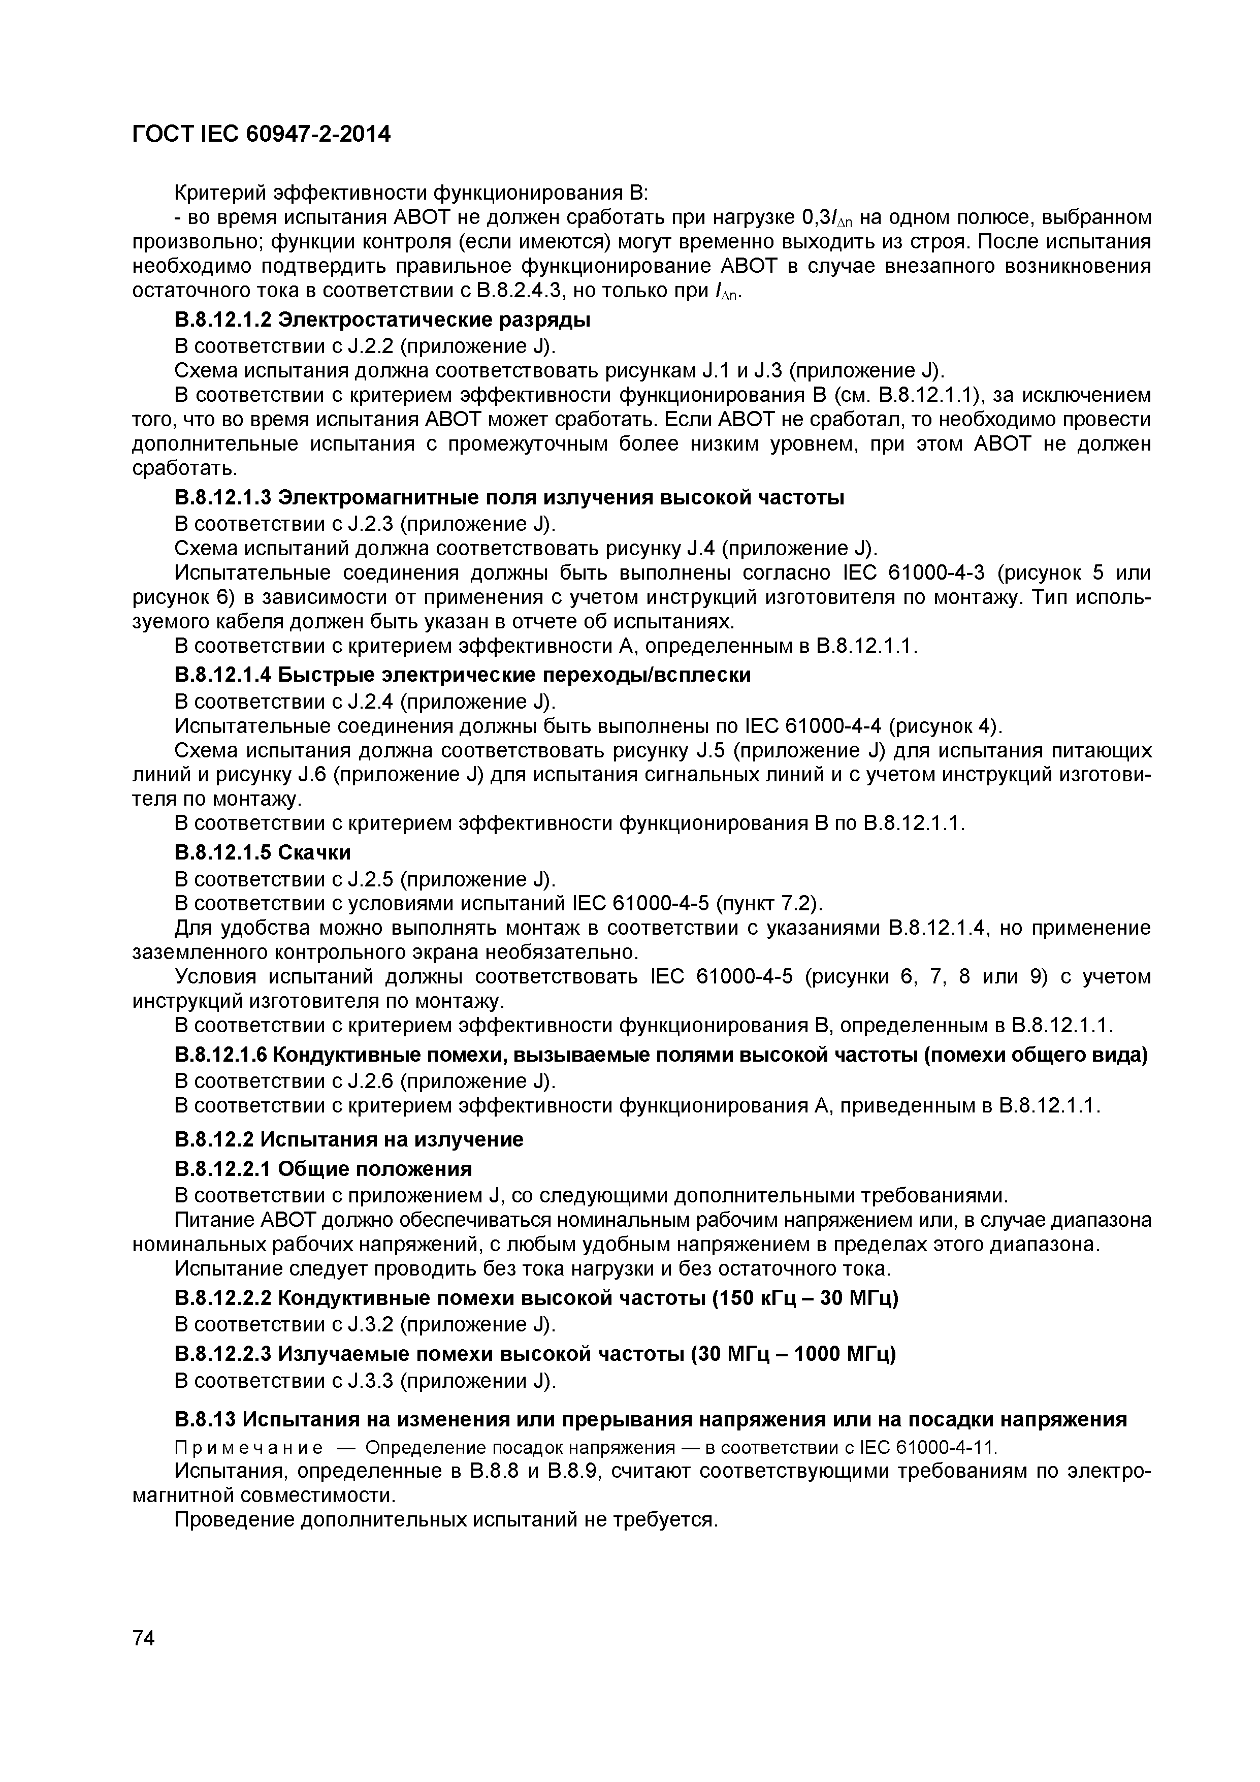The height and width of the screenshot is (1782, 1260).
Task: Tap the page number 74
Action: (x=144, y=1638)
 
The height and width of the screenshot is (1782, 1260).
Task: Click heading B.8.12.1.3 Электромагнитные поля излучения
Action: (x=510, y=497)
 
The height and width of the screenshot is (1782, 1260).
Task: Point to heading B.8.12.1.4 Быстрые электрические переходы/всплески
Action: (x=463, y=675)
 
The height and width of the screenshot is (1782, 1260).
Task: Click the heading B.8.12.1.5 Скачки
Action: (x=263, y=853)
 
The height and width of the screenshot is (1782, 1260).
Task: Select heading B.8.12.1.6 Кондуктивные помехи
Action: (x=661, y=1055)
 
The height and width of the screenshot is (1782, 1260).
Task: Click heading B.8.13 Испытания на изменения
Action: (x=650, y=1419)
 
